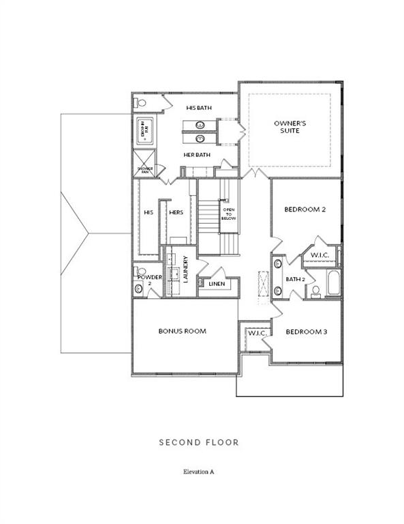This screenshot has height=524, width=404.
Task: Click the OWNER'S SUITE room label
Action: click(290, 127)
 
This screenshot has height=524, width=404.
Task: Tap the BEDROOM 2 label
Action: click(305, 209)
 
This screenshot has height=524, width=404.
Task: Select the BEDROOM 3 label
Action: click(306, 332)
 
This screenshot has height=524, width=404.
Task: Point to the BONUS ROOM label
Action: click(182, 331)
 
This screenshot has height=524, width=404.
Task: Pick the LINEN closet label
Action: click(217, 284)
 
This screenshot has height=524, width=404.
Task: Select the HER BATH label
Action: click(197, 155)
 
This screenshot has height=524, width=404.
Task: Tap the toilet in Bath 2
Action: click(315, 292)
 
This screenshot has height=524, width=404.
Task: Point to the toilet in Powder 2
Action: click(139, 289)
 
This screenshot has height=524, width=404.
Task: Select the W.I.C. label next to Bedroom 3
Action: click(257, 332)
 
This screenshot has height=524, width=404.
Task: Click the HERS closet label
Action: click(176, 213)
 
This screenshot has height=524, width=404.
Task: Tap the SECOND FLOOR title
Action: click(199, 443)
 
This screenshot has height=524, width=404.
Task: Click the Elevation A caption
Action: click(199, 471)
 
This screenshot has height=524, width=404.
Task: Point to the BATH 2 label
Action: click(295, 279)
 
